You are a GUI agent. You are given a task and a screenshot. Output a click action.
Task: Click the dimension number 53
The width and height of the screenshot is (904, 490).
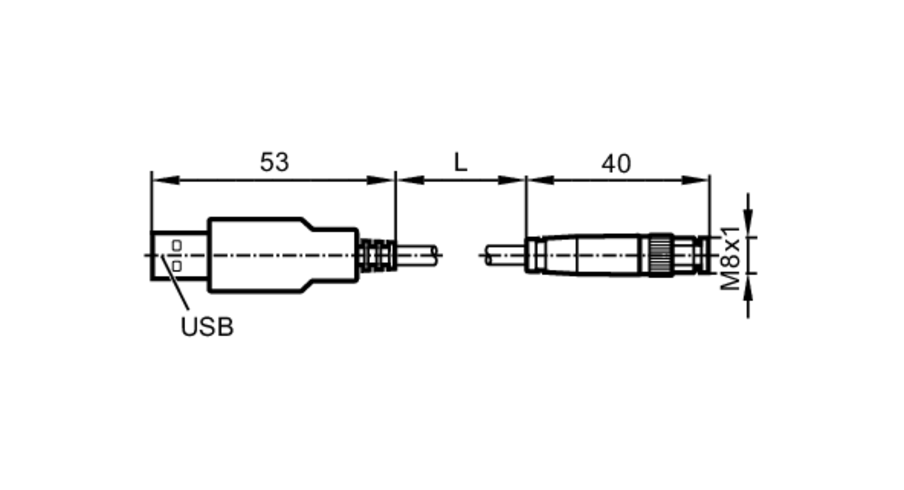pos(274,162)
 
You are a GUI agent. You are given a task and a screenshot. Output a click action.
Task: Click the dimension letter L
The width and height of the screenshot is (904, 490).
pos(460,162)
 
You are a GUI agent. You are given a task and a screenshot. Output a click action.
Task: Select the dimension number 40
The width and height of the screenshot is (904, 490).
pos(616,164)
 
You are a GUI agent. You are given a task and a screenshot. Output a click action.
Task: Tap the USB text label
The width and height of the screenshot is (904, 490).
pos(207,327)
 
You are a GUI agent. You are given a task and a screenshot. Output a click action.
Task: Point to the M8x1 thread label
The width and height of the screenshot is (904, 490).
pos(730,258)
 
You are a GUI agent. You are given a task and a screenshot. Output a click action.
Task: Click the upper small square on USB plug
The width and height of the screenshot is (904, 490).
pos(177,246)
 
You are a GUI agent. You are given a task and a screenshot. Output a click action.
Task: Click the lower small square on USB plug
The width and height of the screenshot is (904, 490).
pos(177,266)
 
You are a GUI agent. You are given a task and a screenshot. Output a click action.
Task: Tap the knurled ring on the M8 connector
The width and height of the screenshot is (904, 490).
pos(660,255)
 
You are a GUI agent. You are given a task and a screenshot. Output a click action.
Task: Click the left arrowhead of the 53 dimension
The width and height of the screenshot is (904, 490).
pos(165,180)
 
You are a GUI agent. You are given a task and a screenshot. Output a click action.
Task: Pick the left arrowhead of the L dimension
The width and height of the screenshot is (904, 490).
pos(410,180)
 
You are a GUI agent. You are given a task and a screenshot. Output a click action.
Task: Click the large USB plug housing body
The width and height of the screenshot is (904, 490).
pos(271,255)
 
